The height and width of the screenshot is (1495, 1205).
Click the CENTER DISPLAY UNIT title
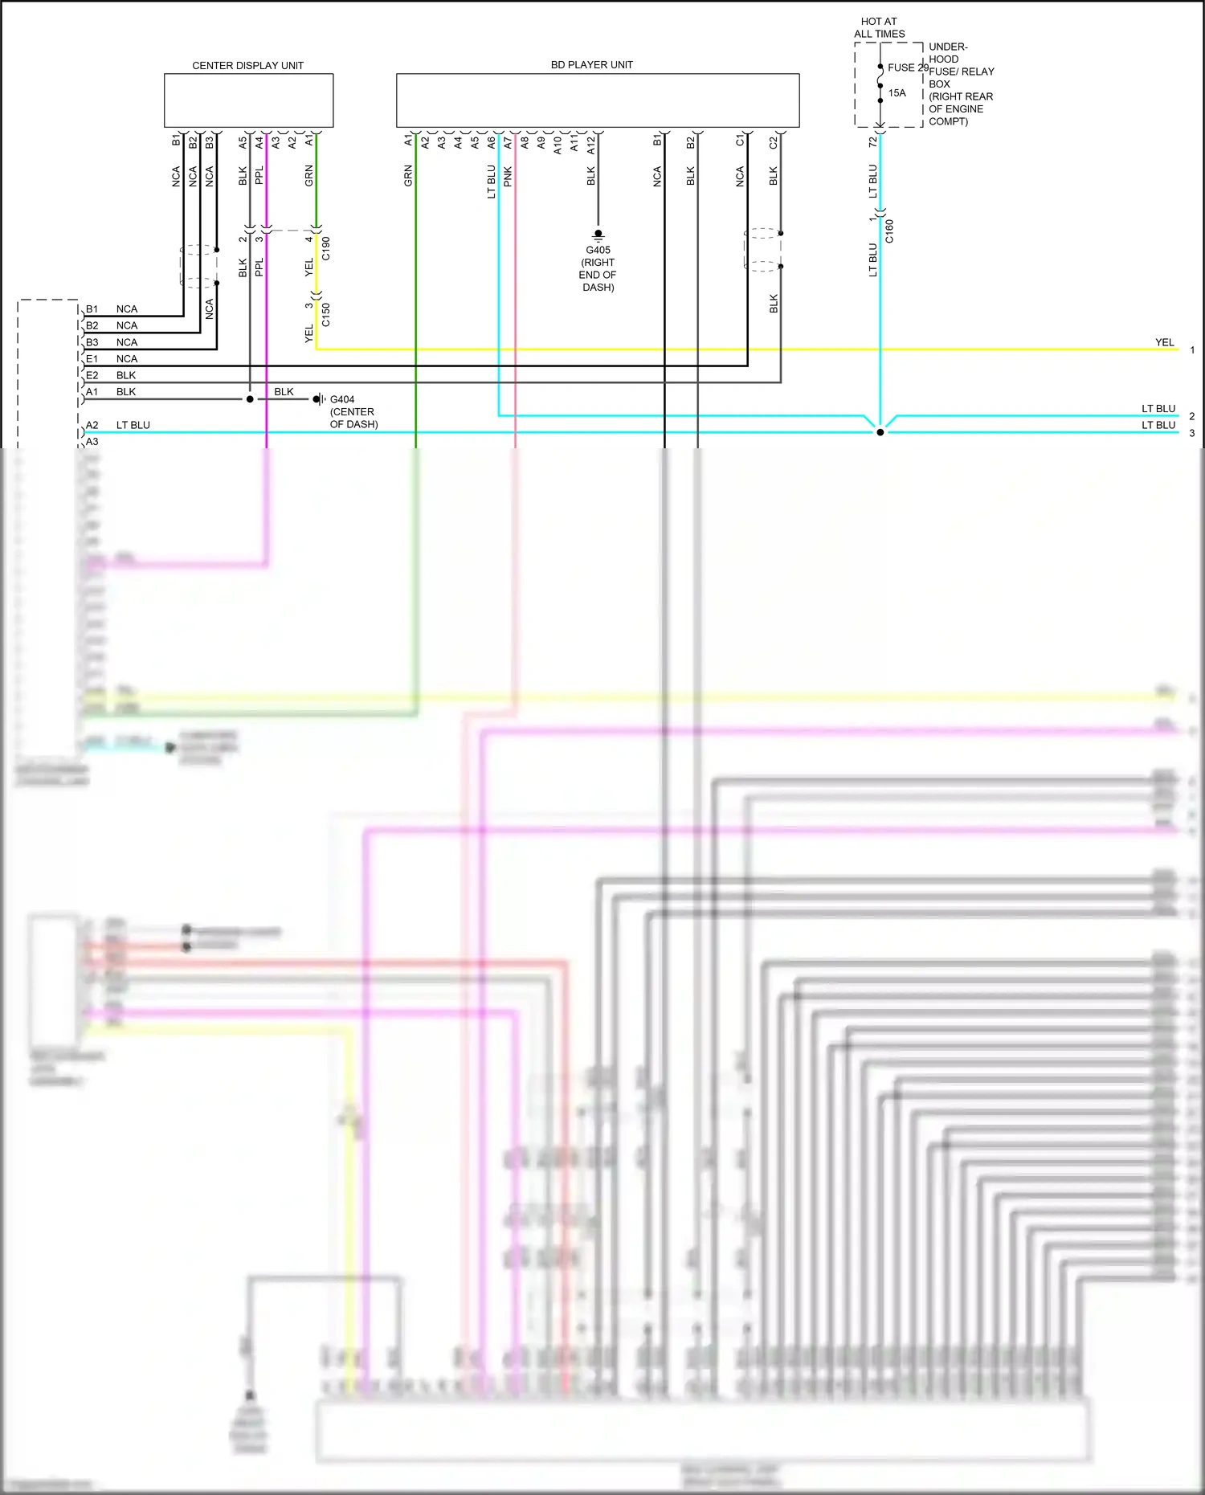247,65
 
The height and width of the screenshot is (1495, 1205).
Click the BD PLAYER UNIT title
591,64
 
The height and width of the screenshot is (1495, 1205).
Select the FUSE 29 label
908,67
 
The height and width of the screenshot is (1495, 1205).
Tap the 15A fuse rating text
897,93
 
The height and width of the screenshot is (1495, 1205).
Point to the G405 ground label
598,250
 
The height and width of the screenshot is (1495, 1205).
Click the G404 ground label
342,399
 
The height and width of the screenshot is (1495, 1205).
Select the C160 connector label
889,231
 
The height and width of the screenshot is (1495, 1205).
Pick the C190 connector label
325,248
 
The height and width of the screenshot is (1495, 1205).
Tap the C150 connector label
325,314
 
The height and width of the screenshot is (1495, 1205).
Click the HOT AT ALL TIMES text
879,27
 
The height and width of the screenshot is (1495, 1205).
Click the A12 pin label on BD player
591,145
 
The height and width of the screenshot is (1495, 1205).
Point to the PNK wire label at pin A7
508,177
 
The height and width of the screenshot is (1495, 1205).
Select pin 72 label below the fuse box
873,142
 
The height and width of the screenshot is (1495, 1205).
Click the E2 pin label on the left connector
92,375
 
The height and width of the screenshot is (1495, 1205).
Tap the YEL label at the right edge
1164,342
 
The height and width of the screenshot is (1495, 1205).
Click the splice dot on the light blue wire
880,432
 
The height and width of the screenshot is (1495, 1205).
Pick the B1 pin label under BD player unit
657,141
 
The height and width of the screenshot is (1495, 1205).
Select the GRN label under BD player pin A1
408,176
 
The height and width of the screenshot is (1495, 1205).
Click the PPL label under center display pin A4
259,176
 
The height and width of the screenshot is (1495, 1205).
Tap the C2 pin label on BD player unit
774,142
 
